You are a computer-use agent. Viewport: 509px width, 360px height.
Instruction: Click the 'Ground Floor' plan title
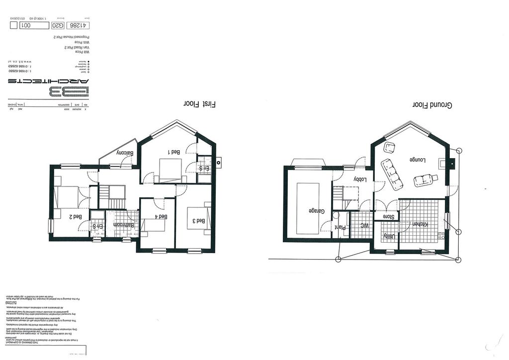[x=431, y=105]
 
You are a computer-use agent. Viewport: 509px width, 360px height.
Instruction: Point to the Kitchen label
[x=421, y=224]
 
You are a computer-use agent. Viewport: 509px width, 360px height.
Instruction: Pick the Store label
[x=388, y=216]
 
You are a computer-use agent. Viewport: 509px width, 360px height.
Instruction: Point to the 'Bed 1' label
[x=175, y=153]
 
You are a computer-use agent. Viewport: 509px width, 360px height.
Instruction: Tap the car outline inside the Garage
[x=308, y=208]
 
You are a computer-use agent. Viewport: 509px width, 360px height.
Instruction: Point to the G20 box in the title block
[x=58, y=25]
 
